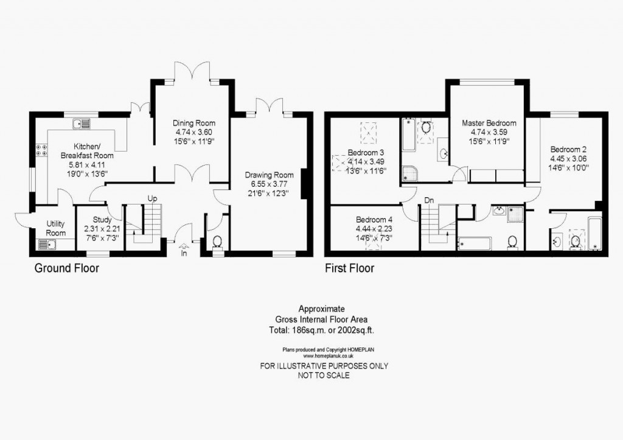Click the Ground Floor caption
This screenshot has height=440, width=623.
click(66, 268)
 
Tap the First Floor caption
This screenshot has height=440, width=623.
click(349, 268)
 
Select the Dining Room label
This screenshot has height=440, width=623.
click(193, 124)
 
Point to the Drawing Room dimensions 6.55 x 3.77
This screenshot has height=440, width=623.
click(265, 185)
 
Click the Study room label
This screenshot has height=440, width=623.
click(102, 220)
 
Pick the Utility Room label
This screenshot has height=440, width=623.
click(55, 228)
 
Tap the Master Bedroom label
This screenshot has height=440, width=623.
click(489, 123)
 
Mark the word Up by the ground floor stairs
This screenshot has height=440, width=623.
click(152, 198)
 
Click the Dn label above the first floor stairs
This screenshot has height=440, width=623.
click(430, 199)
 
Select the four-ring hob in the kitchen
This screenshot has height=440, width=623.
click(42, 150)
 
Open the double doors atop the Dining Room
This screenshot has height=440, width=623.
click(193, 72)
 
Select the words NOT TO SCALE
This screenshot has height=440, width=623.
click(324, 375)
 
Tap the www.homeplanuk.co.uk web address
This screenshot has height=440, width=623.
click(324, 356)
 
